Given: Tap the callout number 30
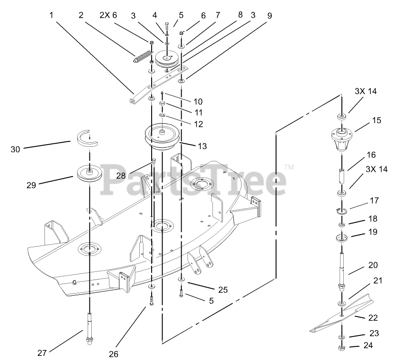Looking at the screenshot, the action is (15, 148).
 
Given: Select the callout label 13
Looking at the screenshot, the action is (202, 146).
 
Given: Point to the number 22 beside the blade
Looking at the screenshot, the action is (373, 318).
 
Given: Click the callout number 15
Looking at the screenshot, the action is (376, 121).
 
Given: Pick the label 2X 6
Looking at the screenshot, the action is (108, 15).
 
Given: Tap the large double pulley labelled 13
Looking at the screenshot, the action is (162, 136).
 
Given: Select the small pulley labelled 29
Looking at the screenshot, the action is (89, 173).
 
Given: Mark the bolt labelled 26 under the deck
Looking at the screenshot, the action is (151, 300).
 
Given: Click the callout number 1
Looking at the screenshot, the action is (51, 15).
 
